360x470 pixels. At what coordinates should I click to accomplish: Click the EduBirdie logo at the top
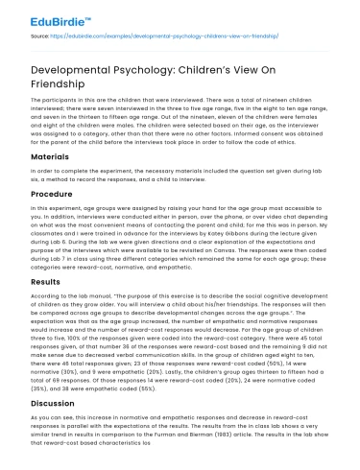pos(46,16)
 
